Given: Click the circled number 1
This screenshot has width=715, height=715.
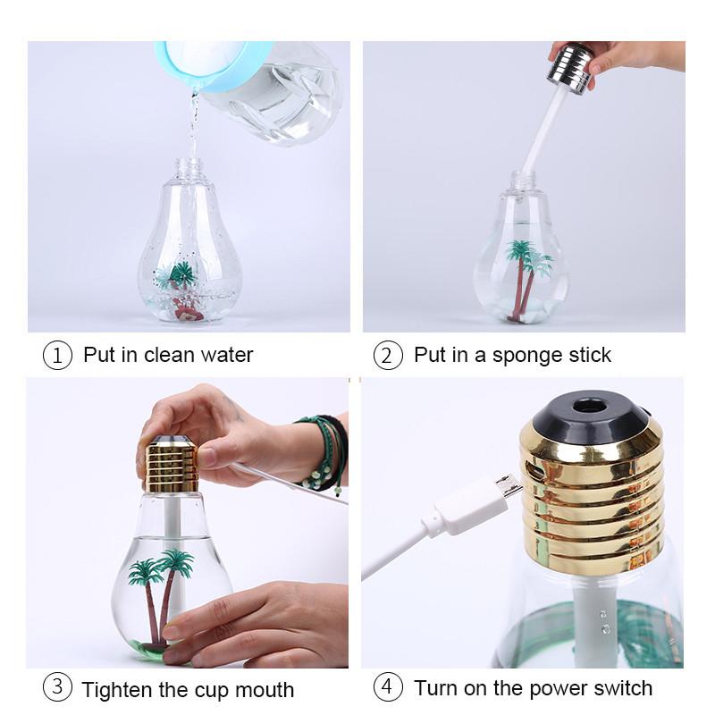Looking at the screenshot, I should (x=57, y=355).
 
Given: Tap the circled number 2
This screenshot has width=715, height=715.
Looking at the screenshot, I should (x=387, y=355).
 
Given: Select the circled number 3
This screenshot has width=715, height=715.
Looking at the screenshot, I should (x=57, y=688).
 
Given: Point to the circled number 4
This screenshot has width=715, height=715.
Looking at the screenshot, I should (x=387, y=688).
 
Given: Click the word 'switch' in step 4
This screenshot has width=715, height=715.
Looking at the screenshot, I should (x=622, y=688).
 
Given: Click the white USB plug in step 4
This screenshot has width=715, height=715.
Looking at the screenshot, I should (x=465, y=509).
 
